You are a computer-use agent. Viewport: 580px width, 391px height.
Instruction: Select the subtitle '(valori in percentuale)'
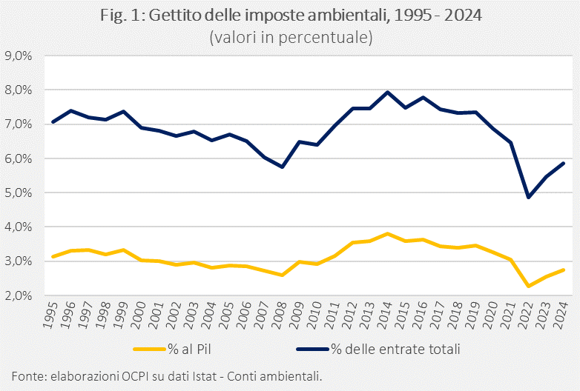pyautogui.click(x=290, y=36)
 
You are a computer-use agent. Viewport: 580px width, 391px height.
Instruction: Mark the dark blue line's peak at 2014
pyautogui.click(x=388, y=93)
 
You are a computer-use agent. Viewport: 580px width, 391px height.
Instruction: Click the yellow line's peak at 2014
pyautogui.click(x=388, y=233)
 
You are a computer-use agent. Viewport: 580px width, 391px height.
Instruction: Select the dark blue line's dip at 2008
pyautogui.click(x=282, y=167)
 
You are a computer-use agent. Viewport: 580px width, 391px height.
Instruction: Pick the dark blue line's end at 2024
pyautogui.click(x=564, y=163)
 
